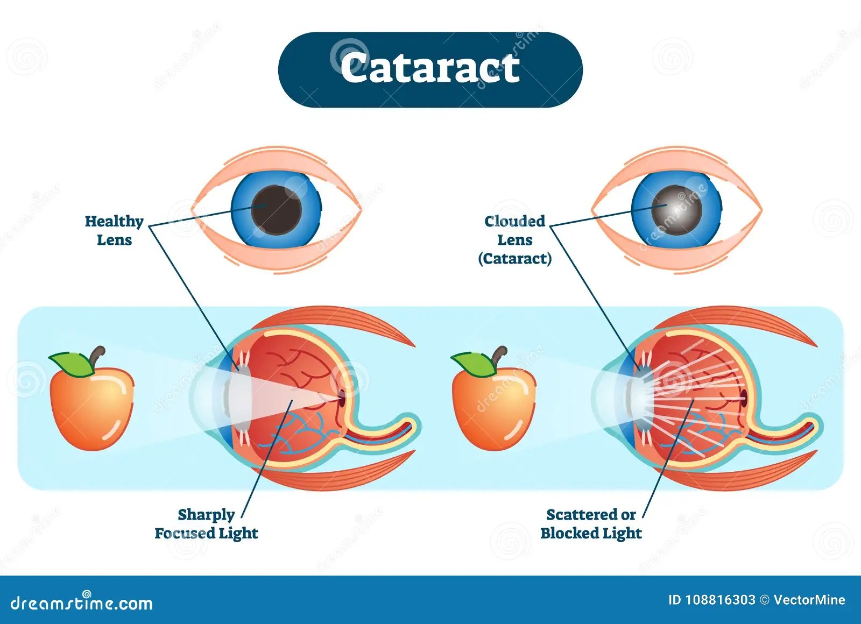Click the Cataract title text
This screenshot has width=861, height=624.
click(x=430, y=68)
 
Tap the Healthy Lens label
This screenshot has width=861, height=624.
click(x=114, y=230)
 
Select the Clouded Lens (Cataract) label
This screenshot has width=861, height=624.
click(x=515, y=240)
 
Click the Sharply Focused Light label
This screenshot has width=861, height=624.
click(x=206, y=523)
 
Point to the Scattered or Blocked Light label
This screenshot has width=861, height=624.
click(x=591, y=523)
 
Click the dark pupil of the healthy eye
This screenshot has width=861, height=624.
click(x=277, y=209)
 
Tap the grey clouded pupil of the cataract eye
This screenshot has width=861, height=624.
click(x=676, y=208)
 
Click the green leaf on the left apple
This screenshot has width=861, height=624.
click(x=72, y=363)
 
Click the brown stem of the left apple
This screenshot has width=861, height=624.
click(x=97, y=355)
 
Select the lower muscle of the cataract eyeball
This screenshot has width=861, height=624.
click(x=753, y=471)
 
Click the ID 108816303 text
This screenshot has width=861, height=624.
click(x=711, y=600)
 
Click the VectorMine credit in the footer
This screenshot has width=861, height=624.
click(x=809, y=600)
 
